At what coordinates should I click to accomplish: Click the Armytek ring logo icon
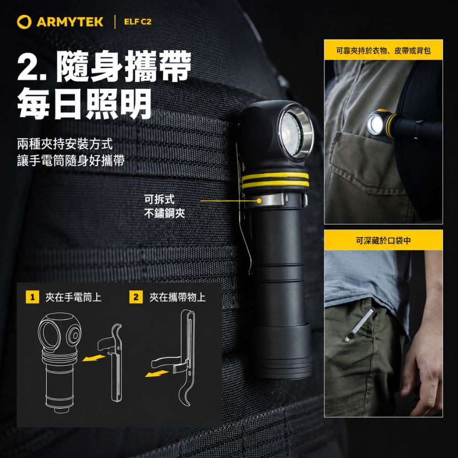24,22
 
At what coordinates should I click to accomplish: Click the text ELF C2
137,22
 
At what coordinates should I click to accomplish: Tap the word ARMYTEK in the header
70,22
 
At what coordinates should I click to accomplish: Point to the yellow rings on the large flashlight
275,180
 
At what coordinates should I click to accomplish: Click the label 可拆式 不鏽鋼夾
164,207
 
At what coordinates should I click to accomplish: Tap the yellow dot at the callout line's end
259,201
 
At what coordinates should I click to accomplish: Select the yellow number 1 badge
32,297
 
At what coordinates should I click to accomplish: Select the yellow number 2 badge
136,297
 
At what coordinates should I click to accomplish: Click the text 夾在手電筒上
73,297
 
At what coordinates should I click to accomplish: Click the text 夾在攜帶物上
178,297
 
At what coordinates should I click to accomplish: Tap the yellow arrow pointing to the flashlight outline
93,358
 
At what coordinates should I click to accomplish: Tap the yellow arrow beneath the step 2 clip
157,373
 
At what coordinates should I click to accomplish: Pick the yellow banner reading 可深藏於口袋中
383,240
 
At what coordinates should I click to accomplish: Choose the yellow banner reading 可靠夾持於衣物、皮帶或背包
383,50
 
